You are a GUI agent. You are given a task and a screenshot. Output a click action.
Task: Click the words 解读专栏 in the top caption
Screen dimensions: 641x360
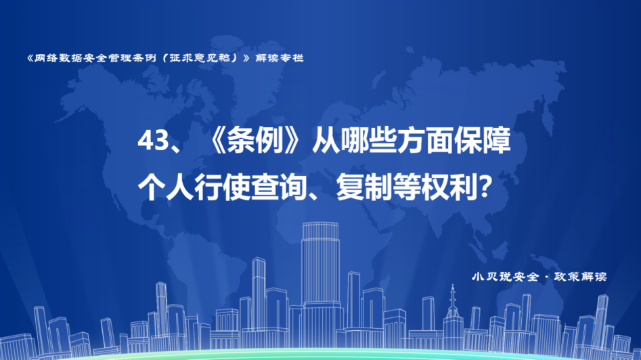tap(280, 58)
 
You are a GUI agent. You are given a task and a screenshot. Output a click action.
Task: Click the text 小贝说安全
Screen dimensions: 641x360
tap(506, 277)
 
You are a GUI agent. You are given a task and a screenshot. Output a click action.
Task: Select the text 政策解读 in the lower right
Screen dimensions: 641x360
tap(581, 277)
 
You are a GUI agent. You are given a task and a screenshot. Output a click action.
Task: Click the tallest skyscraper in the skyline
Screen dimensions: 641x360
tap(320, 278)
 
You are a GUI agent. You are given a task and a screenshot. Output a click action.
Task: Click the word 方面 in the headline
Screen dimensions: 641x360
tap(426, 141)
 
